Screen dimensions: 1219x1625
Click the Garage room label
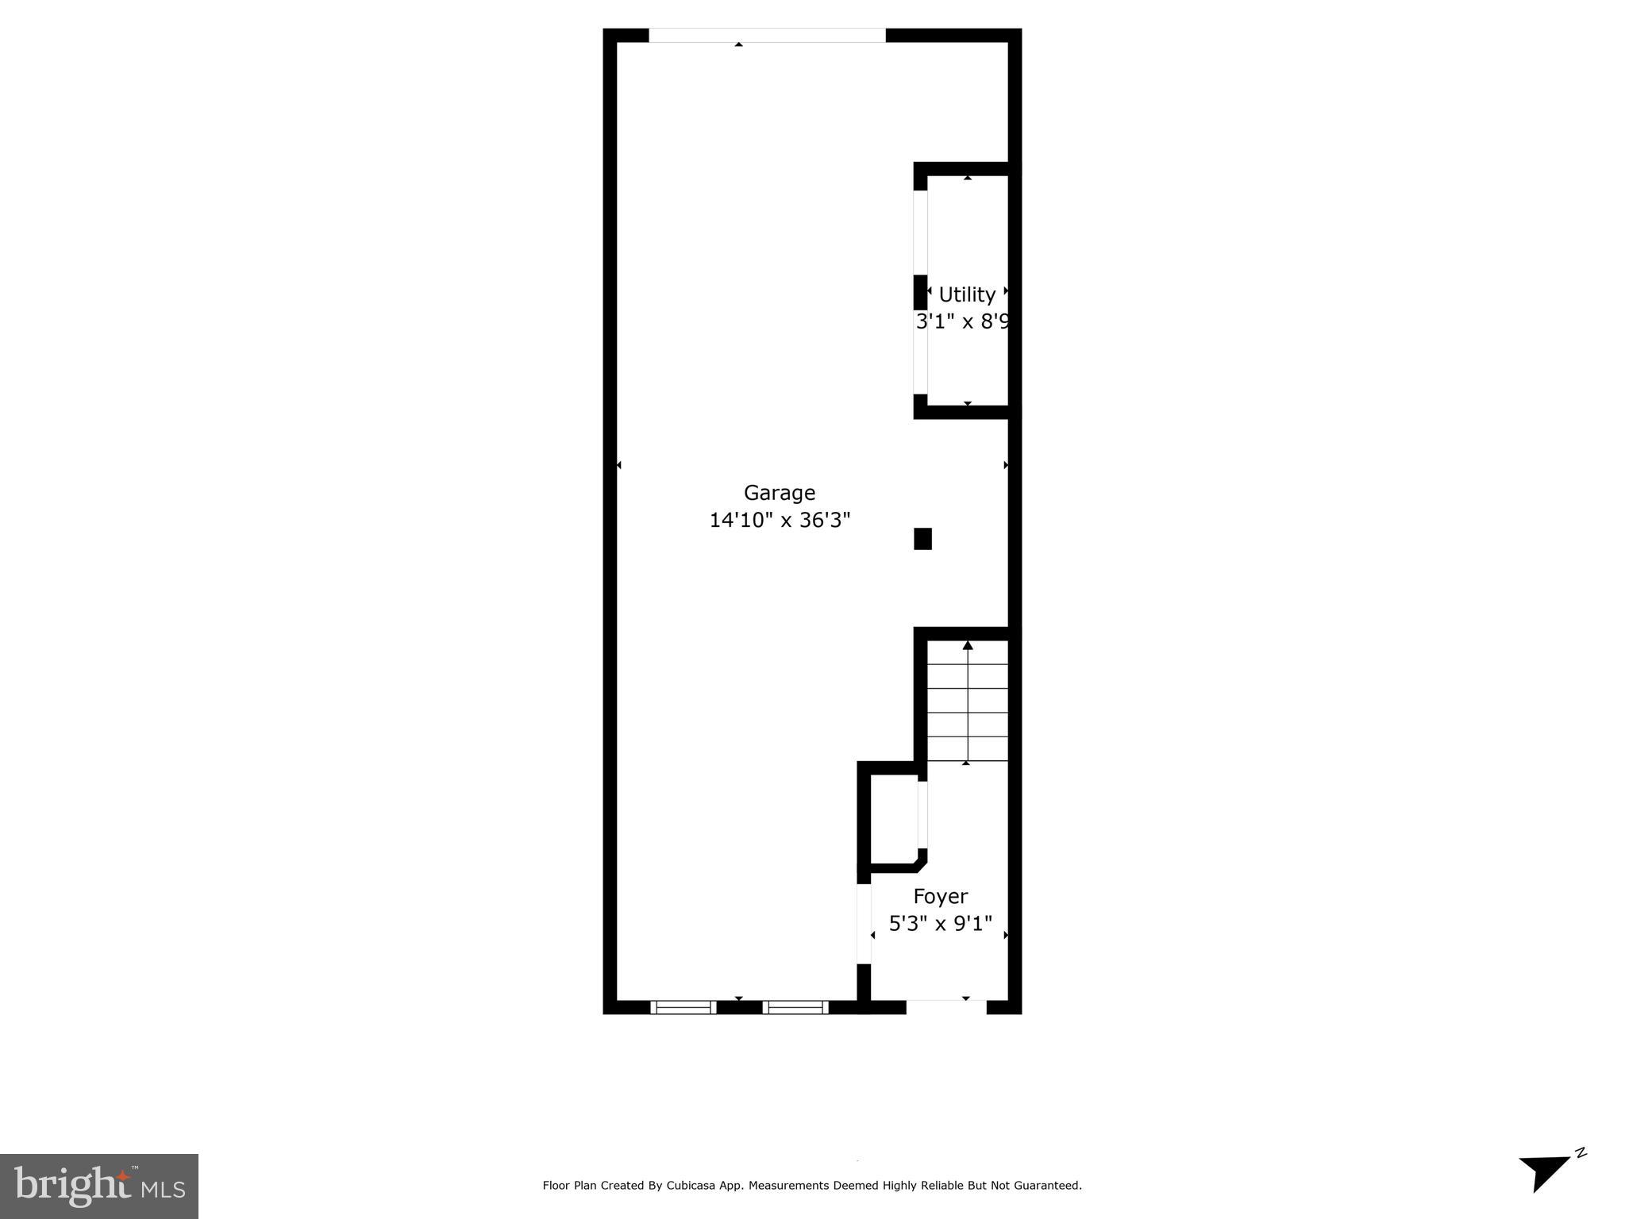point(779,493)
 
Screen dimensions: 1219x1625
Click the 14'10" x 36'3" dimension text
point(779,521)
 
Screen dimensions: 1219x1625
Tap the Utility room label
point(966,294)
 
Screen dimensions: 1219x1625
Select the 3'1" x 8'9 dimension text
point(962,321)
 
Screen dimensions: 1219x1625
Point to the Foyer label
point(940,896)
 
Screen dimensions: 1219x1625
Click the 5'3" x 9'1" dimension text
point(940,924)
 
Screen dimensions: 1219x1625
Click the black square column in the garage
point(922,539)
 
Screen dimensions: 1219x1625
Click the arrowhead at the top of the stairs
point(967,646)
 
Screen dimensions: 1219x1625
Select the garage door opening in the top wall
point(767,35)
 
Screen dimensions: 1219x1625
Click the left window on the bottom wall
point(684,1007)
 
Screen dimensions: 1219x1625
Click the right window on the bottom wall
point(795,1007)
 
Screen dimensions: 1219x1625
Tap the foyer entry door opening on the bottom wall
point(945,1006)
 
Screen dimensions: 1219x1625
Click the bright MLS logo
point(98,1186)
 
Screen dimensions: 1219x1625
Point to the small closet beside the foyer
point(894,817)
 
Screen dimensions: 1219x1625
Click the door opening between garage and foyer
point(864,924)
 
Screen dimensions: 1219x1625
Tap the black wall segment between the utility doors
point(920,292)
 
